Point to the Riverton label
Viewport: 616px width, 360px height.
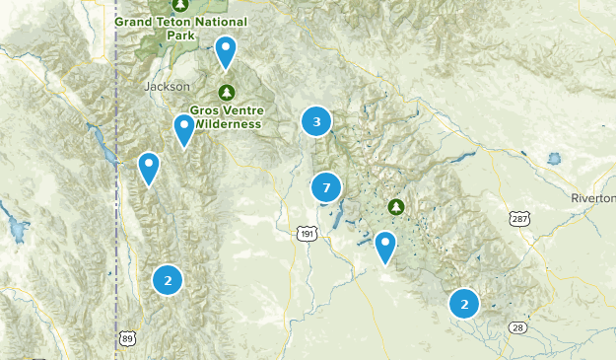tap(592, 198)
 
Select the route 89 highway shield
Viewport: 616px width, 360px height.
tap(127, 338)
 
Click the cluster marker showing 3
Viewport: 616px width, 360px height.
tap(316, 122)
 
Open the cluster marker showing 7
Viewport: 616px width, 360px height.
tap(325, 186)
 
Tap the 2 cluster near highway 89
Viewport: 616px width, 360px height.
tap(169, 280)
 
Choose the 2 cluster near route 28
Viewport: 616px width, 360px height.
tap(464, 304)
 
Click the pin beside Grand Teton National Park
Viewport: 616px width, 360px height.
tap(226, 50)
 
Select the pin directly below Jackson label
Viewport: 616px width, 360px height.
tap(184, 128)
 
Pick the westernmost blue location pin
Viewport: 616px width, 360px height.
tap(149, 166)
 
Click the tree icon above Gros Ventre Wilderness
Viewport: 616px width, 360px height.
tap(226, 93)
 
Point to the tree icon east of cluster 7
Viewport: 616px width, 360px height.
tap(396, 206)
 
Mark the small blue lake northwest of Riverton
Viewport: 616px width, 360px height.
tap(554, 158)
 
